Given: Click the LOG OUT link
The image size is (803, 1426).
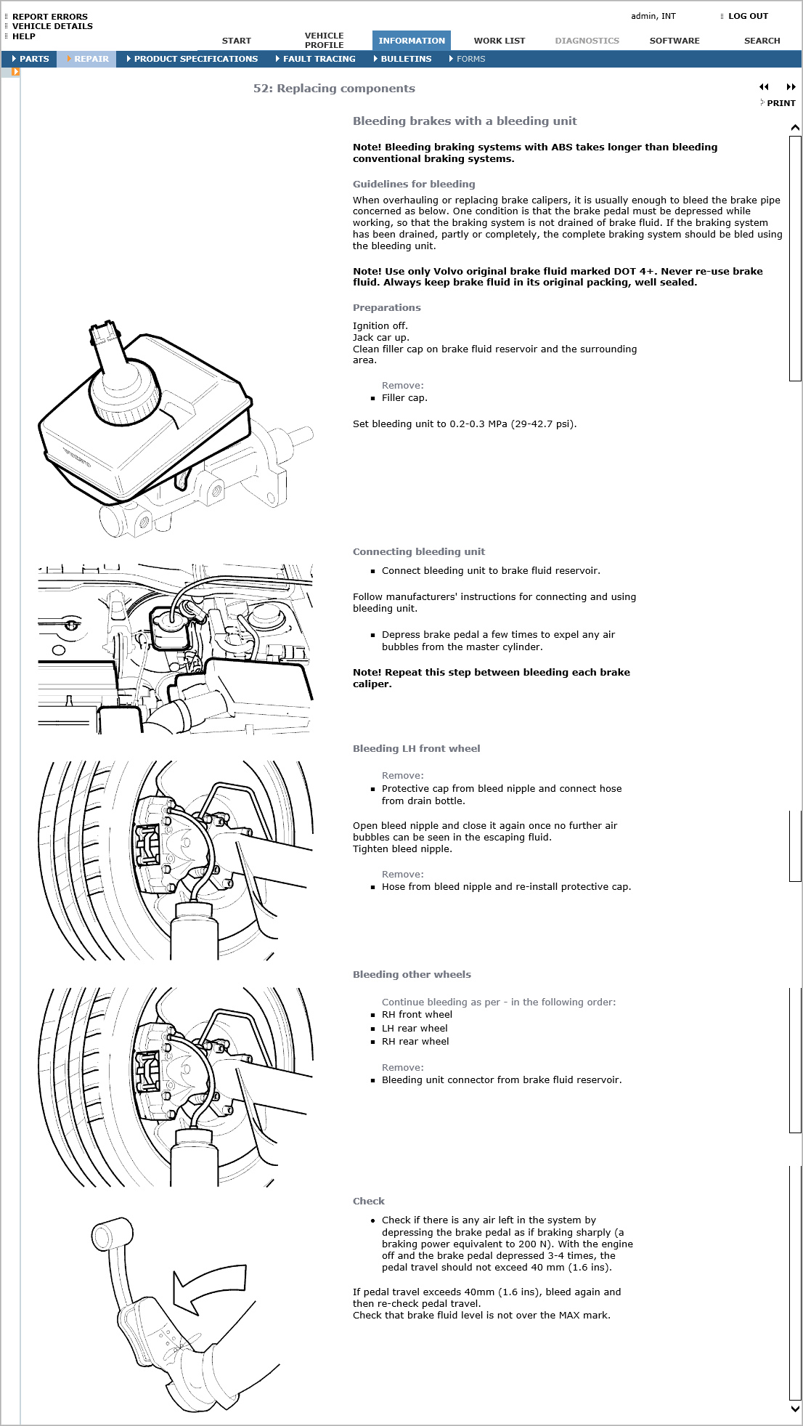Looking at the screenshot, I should tap(747, 16).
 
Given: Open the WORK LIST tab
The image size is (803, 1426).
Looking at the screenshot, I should tap(499, 41).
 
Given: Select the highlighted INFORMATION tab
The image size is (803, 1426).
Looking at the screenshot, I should tap(411, 41).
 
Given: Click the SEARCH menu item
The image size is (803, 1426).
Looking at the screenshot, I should tap(762, 41).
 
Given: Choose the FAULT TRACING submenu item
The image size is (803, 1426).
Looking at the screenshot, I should tap(319, 59).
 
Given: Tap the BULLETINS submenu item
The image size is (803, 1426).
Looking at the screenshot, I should tap(405, 59).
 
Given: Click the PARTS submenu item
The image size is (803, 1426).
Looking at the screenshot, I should tap(33, 59).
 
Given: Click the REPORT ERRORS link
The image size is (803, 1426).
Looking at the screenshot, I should tap(49, 16).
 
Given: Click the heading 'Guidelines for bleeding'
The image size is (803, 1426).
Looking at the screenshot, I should tap(413, 184).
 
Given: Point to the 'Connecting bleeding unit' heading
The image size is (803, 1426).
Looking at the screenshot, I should tap(418, 551).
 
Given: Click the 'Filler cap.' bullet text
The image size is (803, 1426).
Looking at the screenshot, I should tap(404, 397).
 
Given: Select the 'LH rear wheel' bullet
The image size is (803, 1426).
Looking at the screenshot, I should tap(415, 1028).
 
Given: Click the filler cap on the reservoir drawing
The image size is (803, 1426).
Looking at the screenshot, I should tap(124, 392).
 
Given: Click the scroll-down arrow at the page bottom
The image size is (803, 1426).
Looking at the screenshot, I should tap(794, 1408).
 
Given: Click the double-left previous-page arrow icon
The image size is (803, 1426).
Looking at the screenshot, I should tap(764, 87).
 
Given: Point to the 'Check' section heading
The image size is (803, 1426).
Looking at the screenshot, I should tap(368, 1201).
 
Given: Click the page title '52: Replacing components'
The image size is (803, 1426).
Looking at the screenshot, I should tap(334, 89).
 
